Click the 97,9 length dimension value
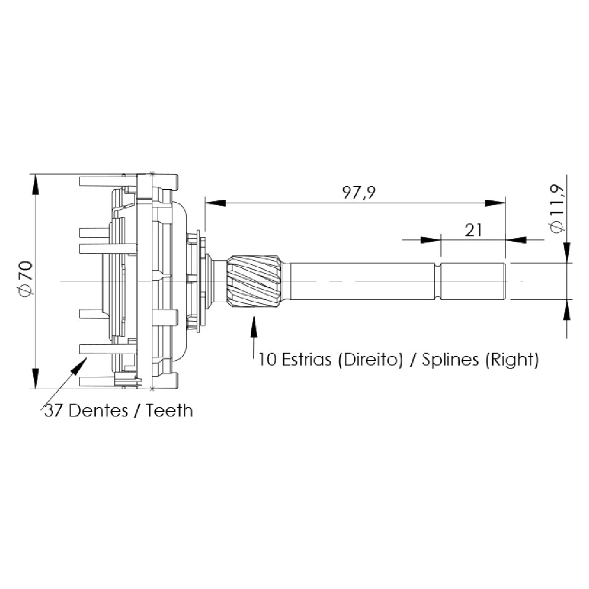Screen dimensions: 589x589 358,193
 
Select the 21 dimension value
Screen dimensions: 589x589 473,230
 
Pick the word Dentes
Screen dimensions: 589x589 98,410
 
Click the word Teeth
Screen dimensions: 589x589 169,410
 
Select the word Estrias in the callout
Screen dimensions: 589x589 306,359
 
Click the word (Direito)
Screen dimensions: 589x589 370,360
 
